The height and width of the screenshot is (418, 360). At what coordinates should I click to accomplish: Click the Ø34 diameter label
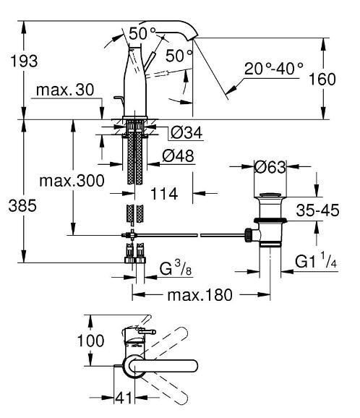[x=184, y=132]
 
